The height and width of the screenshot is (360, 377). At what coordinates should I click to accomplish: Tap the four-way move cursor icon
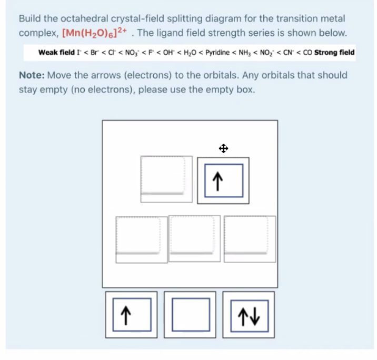223,148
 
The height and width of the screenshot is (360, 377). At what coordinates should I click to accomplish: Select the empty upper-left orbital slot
163,175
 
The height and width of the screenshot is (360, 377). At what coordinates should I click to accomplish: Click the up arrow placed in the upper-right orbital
223,181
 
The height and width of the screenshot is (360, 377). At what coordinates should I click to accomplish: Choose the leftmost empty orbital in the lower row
138,239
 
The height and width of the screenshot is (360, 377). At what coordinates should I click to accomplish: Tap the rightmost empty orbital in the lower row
249,239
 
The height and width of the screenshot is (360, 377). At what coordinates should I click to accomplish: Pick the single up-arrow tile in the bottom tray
131,315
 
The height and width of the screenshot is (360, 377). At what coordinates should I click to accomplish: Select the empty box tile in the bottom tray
190,315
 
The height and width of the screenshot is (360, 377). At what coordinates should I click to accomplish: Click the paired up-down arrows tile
248,315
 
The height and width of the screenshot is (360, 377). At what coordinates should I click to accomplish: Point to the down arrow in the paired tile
254,315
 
